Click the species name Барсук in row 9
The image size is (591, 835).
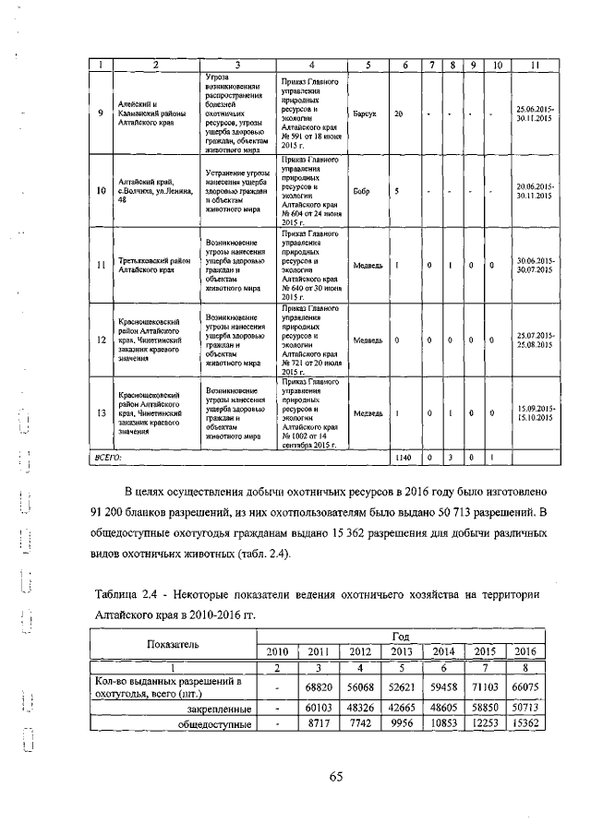pyautogui.click(x=364, y=114)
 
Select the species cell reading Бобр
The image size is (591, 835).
pyautogui.click(x=361, y=192)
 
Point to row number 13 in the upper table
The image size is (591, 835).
pyautogui.click(x=101, y=412)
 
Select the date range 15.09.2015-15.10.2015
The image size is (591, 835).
pyautogui.click(x=535, y=412)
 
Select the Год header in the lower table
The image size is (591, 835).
pyautogui.click(x=401, y=637)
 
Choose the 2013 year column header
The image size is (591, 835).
pyautogui.click(x=402, y=651)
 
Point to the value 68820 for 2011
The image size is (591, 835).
pyautogui.click(x=318, y=687)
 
